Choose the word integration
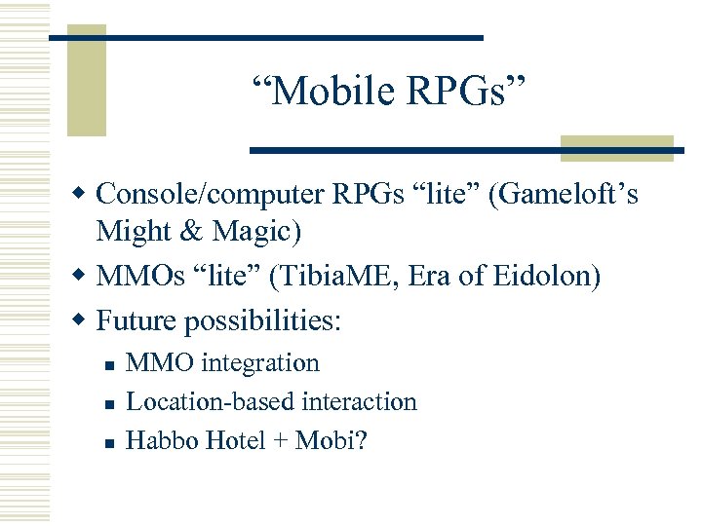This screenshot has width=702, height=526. pos(260,363)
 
